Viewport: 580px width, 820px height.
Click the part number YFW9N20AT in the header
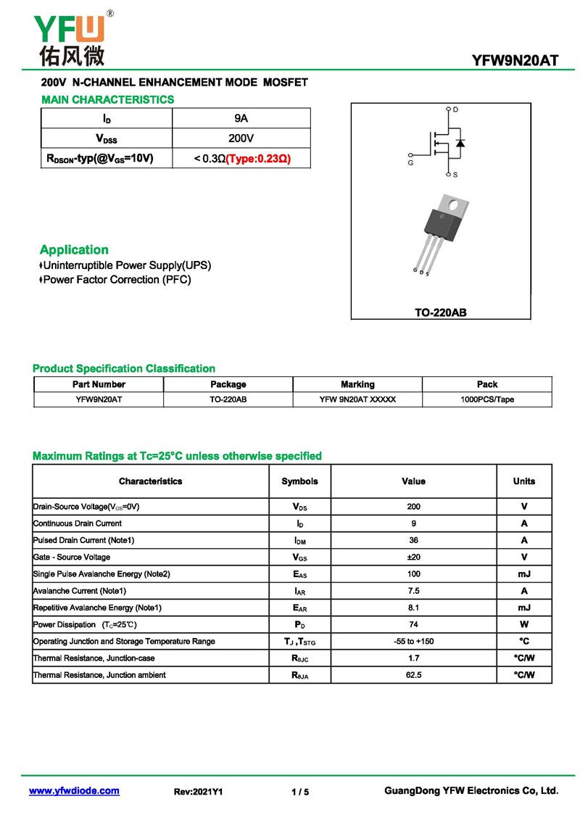pyautogui.click(x=515, y=60)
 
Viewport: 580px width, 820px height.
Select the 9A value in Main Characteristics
pyautogui.click(x=241, y=118)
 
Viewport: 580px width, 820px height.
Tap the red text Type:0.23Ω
pyautogui.click(x=258, y=158)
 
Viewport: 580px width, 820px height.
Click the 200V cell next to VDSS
pyautogui.click(x=241, y=138)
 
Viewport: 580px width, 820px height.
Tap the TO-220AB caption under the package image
pyautogui.click(x=440, y=312)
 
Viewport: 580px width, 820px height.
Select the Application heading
pyautogui.click(x=74, y=249)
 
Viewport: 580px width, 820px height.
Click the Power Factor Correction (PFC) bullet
pyautogui.click(x=116, y=280)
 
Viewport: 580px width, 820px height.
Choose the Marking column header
pyautogui.click(x=357, y=384)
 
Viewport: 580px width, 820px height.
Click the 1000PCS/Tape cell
pyautogui.click(x=487, y=399)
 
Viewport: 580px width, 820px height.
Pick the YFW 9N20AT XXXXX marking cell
pyautogui.click(x=357, y=399)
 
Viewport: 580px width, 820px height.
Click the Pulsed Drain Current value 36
pyautogui.click(x=413, y=540)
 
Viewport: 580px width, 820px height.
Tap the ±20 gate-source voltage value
pyautogui.click(x=413, y=557)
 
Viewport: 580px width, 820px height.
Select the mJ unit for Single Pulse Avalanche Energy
pyautogui.click(x=524, y=574)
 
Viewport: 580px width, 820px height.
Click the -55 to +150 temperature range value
pyautogui.click(x=413, y=642)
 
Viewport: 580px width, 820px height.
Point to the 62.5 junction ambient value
pyautogui.click(x=413, y=675)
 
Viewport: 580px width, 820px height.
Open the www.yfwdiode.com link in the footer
pyautogui.click(x=74, y=791)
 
